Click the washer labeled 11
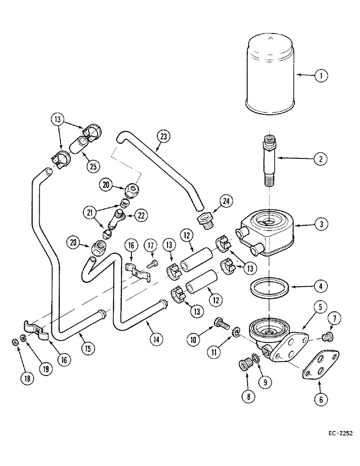pyautogui.click(x=237, y=332)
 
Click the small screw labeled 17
pyautogui.click(x=152, y=265)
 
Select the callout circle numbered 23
pyautogui.click(x=163, y=137)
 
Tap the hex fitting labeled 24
pyautogui.click(x=206, y=219)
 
